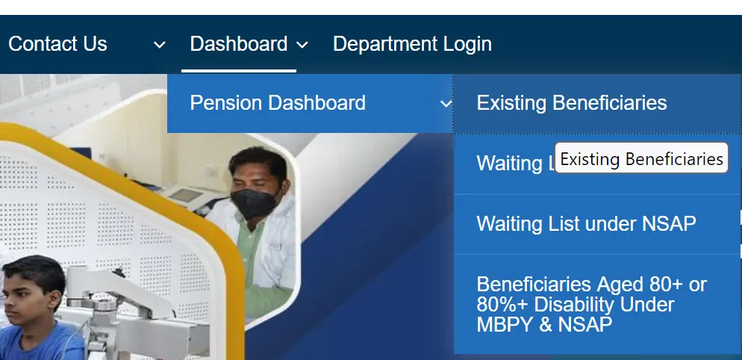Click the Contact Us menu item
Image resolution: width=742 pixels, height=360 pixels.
pyautogui.click(x=57, y=44)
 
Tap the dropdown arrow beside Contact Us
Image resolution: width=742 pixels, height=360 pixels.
pyautogui.click(x=159, y=45)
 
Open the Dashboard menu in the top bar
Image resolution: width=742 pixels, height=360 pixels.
pyautogui.click(x=238, y=44)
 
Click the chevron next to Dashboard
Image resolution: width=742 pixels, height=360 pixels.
pyautogui.click(x=302, y=45)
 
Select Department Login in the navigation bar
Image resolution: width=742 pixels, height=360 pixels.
pyautogui.click(x=412, y=44)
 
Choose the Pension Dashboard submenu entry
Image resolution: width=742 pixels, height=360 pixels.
pyautogui.click(x=278, y=103)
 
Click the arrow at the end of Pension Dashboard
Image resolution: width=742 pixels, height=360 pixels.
pyautogui.click(x=446, y=104)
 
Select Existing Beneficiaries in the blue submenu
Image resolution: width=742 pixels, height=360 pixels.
pyautogui.click(x=571, y=103)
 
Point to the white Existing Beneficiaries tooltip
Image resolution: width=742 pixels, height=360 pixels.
pyautogui.click(x=641, y=158)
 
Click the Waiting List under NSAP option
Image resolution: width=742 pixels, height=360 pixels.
pyautogui.click(x=586, y=223)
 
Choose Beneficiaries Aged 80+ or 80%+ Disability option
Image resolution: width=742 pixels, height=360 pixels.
pyautogui.click(x=591, y=305)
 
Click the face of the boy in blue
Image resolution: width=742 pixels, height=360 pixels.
pyautogui.click(x=30, y=295)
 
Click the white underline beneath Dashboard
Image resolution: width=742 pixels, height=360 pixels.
pyautogui.click(x=238, y=71)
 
